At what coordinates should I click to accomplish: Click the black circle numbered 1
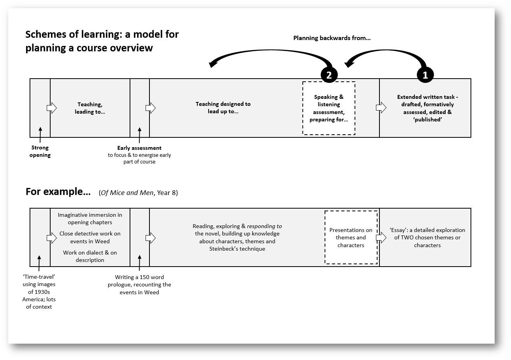(425, 75)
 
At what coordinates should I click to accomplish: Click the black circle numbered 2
(329, 75)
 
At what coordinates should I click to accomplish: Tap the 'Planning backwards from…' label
(332, 38)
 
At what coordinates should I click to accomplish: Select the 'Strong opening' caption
(40, 151)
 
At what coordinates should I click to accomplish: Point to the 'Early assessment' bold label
(139, 148)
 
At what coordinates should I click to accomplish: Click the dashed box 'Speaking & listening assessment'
(329, 108)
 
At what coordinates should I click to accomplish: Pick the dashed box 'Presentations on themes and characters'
(351, 237)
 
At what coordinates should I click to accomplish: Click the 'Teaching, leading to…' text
(90, 108)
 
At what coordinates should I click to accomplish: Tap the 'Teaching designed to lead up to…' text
(223, 108)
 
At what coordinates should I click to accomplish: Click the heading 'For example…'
(58, 192)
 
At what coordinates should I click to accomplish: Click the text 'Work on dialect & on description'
(90, 256)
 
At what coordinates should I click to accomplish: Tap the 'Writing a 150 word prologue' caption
(139, 284)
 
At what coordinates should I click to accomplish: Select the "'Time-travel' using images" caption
(39, 292)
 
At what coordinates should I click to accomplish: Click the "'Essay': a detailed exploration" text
(427, 237)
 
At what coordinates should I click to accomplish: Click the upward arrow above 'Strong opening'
(40, 133)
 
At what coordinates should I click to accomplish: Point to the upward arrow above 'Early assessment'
(139, 133)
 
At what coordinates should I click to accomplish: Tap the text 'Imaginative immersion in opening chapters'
(90, 218)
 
